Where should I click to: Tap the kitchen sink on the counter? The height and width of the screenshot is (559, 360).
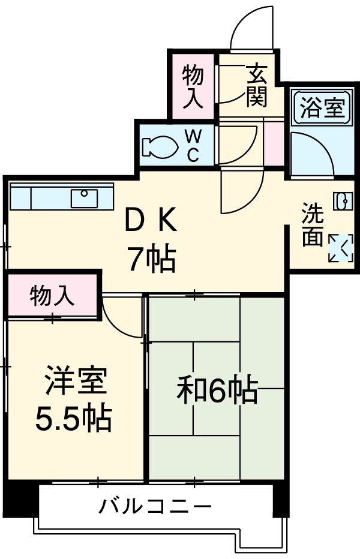click(84, 197)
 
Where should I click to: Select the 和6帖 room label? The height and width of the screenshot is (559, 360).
click(217, 390)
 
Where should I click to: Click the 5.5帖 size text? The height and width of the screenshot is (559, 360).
click(72, 418)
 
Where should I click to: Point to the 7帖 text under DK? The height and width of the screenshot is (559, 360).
click(150, 259)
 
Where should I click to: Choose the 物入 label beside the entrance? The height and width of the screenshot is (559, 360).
click(193, 86)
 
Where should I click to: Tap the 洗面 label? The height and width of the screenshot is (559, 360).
click(312, 226)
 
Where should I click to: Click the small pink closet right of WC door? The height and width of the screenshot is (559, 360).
click(273, 144)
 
